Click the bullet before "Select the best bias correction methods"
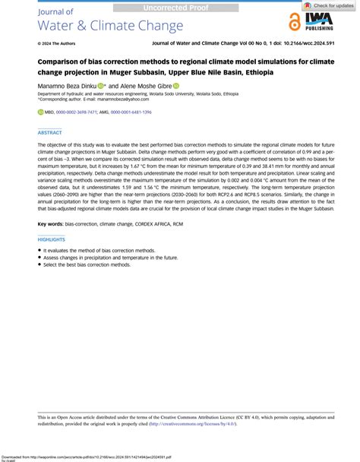pos(39,264)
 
